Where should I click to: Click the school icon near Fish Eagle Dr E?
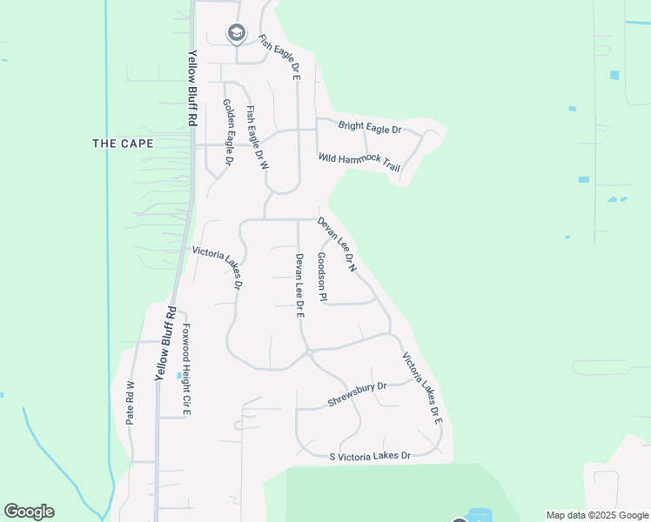236,33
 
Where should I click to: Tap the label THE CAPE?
123,144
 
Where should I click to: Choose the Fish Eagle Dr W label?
258,137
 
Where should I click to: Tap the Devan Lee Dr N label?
338,244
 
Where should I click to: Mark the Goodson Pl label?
322,277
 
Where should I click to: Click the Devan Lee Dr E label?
299,284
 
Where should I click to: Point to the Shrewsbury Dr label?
357,394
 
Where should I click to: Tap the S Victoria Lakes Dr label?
370,456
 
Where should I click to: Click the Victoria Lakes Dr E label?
423,388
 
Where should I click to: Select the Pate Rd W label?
131,403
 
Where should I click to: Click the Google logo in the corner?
29,512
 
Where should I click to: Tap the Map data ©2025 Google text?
597,515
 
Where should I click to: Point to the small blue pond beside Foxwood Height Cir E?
178,376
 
